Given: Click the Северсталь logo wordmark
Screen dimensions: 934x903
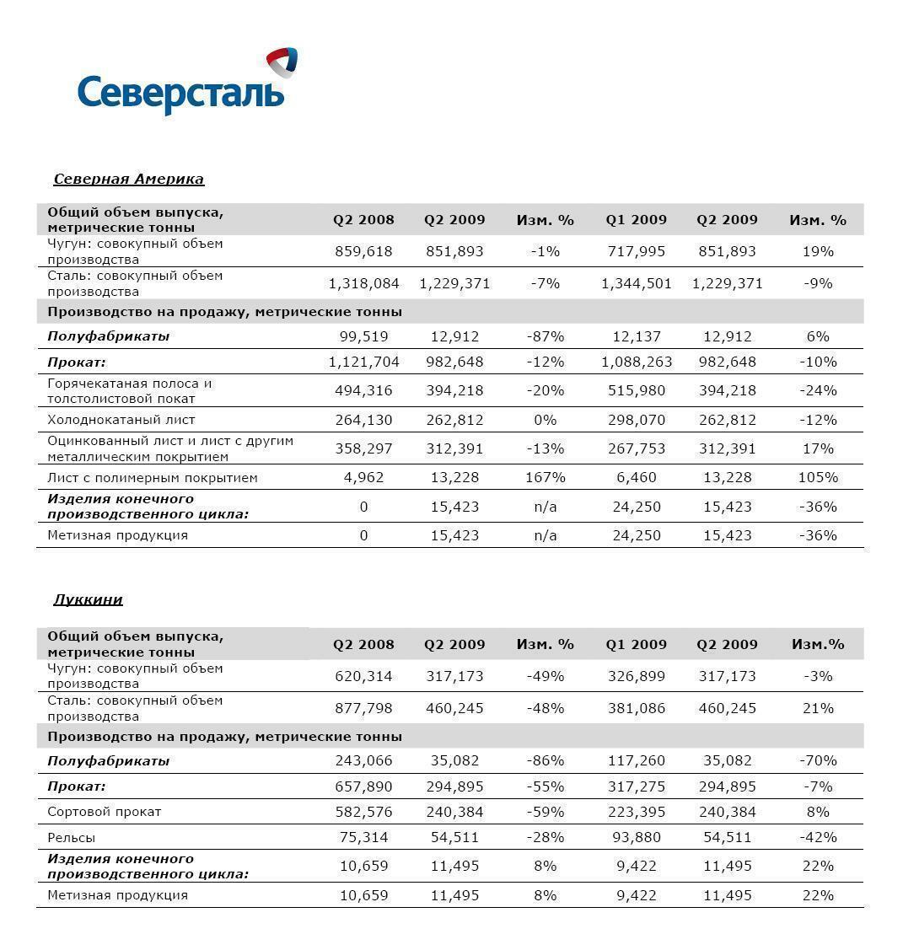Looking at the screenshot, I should pos(180,92).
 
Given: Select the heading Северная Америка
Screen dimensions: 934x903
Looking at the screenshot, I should pos(128,179).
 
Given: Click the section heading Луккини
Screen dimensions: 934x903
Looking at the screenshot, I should pos(88,599).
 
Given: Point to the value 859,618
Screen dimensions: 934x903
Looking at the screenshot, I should pos(363,251).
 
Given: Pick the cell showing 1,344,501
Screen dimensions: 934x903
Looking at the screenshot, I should pos(636,283).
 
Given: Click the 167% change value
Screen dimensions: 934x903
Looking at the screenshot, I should pos(545,477).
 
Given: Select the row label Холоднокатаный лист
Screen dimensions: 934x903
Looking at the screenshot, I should pos(121,419).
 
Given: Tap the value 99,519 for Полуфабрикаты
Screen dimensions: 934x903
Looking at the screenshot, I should pos(363,336).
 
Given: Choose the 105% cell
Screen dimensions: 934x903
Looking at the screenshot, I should pos(817,477).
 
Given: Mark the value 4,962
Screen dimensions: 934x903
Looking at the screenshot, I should pos(363,477).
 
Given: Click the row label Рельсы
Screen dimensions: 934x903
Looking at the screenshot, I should pos(72,837).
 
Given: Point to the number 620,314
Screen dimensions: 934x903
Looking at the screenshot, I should pos(363,676).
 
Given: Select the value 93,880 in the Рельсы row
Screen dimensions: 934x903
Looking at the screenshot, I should pos(636,837).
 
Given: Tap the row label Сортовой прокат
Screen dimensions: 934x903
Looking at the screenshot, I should pos(105,812).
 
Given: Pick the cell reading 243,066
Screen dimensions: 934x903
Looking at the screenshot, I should pos(363,760).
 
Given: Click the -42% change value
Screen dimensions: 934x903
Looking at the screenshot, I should pos(817,837).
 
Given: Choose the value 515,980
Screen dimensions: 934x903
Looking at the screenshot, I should pos(636,390).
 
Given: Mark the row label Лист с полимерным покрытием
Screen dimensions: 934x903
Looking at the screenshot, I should pos(153,477).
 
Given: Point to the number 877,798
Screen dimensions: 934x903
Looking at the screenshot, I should pos(363,708).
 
